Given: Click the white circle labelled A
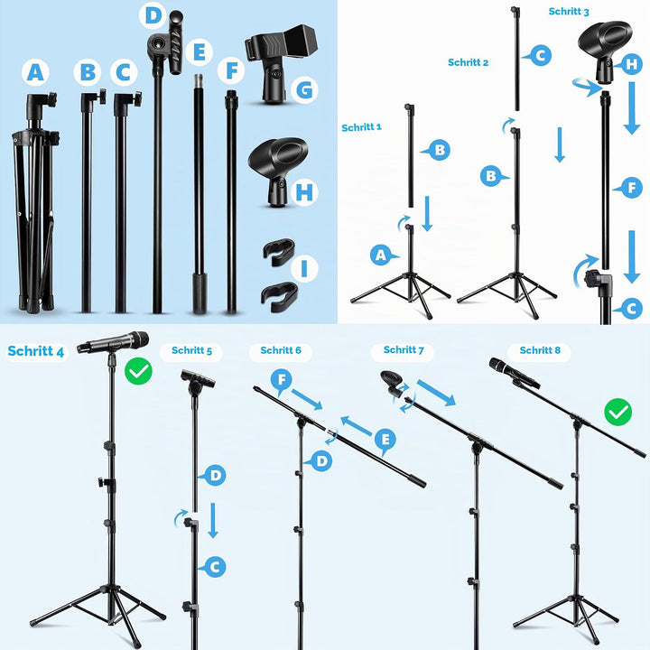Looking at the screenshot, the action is coord(35,72).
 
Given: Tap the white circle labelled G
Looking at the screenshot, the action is coord(305,89).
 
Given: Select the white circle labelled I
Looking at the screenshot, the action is coord(304,269).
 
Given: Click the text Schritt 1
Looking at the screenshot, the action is coord(361,127).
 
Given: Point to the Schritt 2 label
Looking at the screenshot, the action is coord(468,62).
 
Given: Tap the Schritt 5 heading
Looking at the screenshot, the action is coord(191,350).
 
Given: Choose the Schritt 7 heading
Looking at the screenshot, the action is coord(404,350).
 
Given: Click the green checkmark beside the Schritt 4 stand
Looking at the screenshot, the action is coord(138,371).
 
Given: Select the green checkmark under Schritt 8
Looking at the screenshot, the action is coord(617,412).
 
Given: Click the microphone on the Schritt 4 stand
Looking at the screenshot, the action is coord(113,342).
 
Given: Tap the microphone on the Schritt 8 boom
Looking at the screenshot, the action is coord(513,373).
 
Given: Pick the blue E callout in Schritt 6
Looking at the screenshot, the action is coord(385,441).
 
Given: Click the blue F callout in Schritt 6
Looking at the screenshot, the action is coord(282,381).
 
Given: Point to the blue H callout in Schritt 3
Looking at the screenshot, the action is coord(630,64).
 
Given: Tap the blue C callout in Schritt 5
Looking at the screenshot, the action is coord(213,567).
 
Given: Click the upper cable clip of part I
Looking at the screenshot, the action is coord(279,251).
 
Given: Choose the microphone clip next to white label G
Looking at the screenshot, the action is coord(281,62).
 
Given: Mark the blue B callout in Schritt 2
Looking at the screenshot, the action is coord(493,176).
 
